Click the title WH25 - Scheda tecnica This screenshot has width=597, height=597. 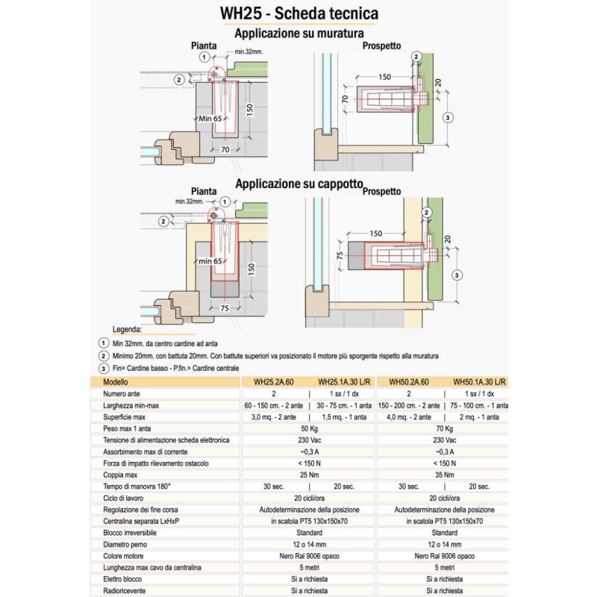(x=298, y=14)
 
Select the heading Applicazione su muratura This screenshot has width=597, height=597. (x=298, y=33)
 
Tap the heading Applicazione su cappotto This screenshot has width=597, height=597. (x=298, y=183)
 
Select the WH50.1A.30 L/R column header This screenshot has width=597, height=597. (x=480, y=381)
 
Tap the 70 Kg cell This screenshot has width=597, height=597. (x=444, y=429)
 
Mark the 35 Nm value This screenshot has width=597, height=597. (x=444, y=475)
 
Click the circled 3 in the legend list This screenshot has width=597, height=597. (x=102, y=368)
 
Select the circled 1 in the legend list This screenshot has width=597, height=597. (x=102, y=343)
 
